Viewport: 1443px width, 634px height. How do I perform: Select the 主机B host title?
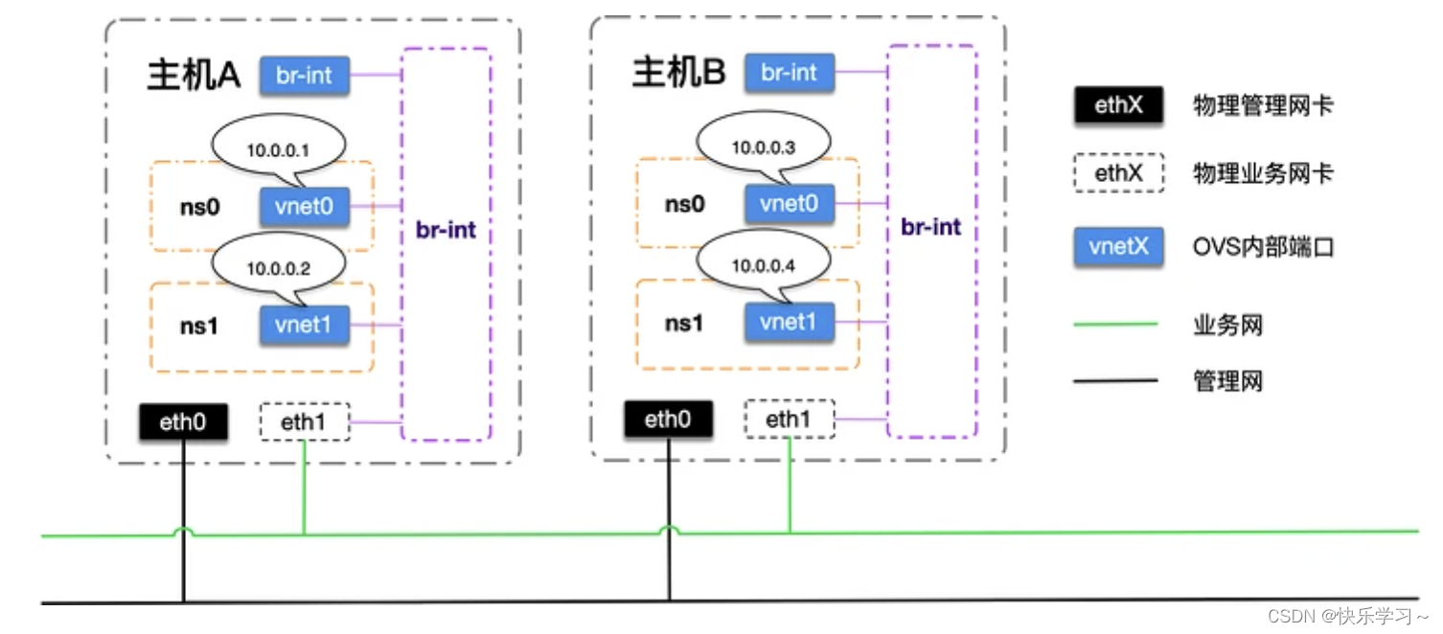(678, 73)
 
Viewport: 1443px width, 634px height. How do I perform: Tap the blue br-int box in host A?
(305, 75)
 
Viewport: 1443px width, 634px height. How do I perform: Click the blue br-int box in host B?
(790, 73)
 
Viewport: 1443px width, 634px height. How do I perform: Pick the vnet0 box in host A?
(305, 206)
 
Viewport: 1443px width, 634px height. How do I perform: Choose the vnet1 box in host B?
(790, 323)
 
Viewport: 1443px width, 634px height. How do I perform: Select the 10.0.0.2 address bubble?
(274, 269)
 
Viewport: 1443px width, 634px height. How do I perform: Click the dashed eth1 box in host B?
(790, 419)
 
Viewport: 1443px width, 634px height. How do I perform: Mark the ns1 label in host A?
(200, 326)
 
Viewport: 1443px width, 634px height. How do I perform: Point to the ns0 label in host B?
(685, 204)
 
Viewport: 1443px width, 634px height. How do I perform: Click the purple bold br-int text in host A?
(446, 231)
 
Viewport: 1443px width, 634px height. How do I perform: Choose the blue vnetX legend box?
(1118, 248)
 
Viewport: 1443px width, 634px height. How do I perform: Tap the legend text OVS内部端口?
(1263, 248)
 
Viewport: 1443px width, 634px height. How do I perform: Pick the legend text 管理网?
(1227, 382)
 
